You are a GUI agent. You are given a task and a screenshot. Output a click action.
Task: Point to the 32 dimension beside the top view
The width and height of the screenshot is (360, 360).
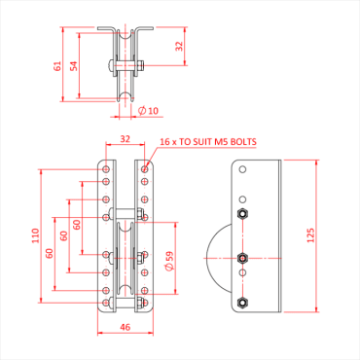click(179, 46)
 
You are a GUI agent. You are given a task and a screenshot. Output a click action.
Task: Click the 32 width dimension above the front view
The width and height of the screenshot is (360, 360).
click(125, 139)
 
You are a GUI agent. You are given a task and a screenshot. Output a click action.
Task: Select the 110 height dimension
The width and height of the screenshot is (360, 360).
click(35, 234)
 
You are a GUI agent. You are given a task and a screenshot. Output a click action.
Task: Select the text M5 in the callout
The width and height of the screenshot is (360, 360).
click(216, 142)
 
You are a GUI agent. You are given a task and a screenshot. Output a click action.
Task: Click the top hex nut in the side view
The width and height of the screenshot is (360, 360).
click(243, 213)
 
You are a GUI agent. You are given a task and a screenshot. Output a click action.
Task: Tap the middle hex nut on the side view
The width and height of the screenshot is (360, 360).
click(243, 258)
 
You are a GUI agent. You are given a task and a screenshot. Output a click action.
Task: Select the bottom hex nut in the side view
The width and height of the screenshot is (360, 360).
click(243, 302)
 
